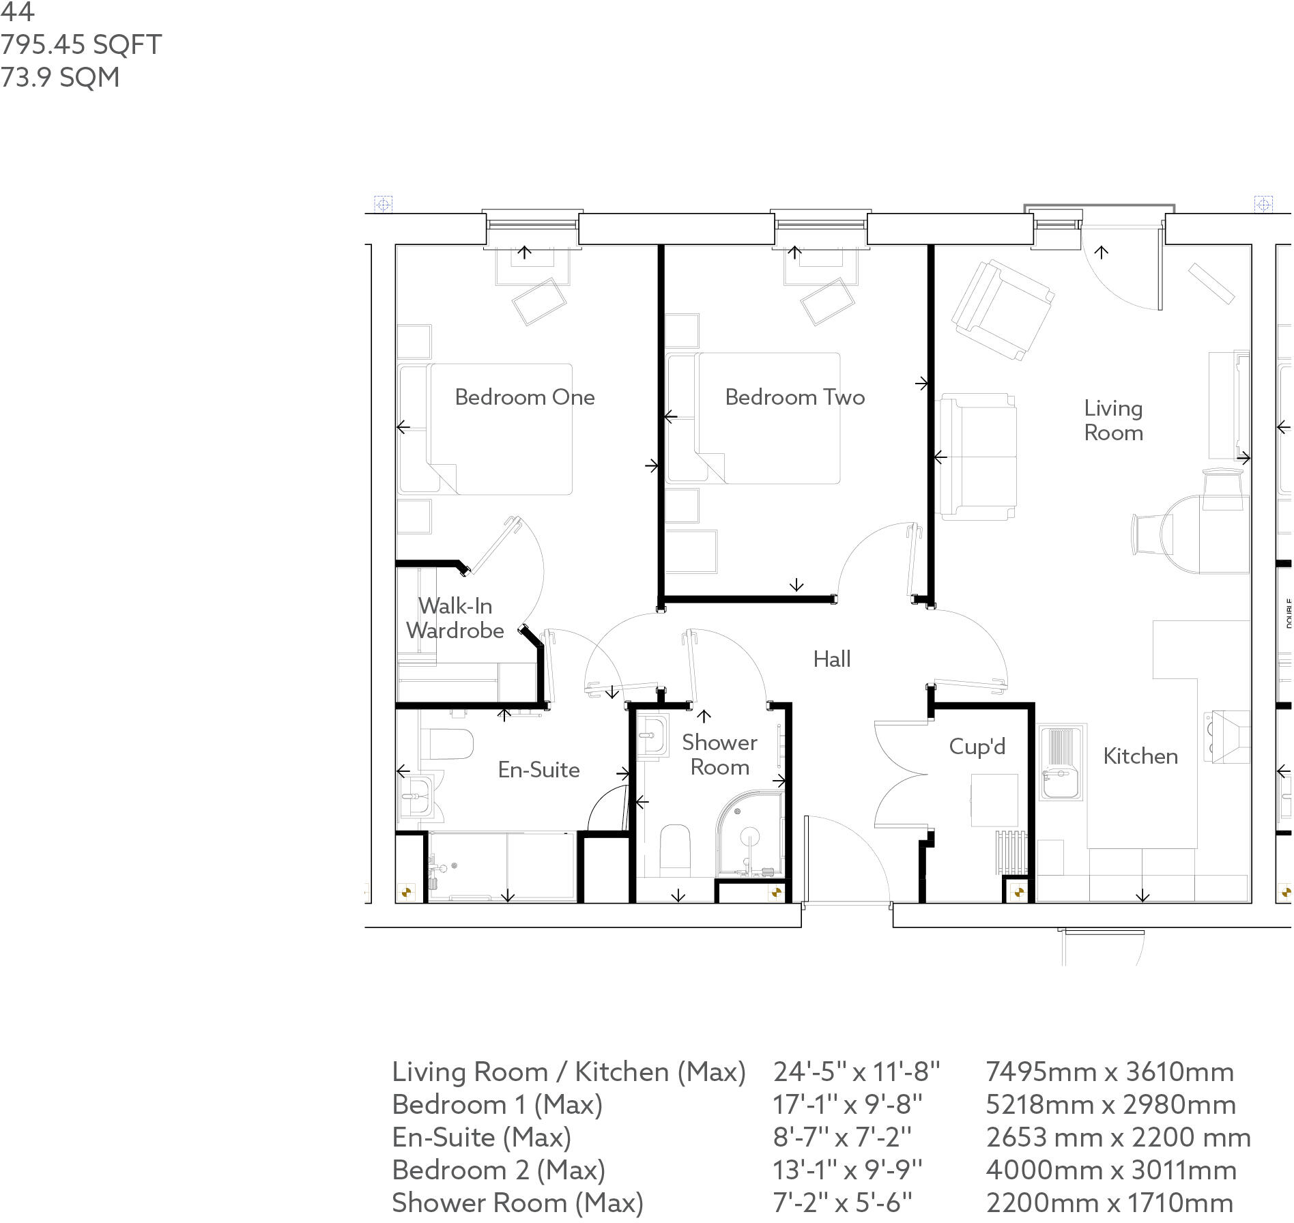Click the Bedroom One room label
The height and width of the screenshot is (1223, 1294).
525,397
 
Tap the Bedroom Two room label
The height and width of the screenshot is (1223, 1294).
795,397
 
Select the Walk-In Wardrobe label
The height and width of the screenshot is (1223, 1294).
455,618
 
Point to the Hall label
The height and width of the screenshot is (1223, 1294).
832,659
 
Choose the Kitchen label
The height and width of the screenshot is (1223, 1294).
1140,756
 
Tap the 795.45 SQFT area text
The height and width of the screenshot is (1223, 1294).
81,45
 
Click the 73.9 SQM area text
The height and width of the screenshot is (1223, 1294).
60,78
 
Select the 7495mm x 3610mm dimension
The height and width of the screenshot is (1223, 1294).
1110,1072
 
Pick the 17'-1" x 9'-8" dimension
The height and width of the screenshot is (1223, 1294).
848,1105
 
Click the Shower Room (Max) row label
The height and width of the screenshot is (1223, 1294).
517,1203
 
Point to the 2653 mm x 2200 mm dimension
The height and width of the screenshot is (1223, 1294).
1119,1138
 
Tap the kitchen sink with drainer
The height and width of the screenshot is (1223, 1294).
1061,762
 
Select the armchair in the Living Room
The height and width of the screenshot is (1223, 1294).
1003,309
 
